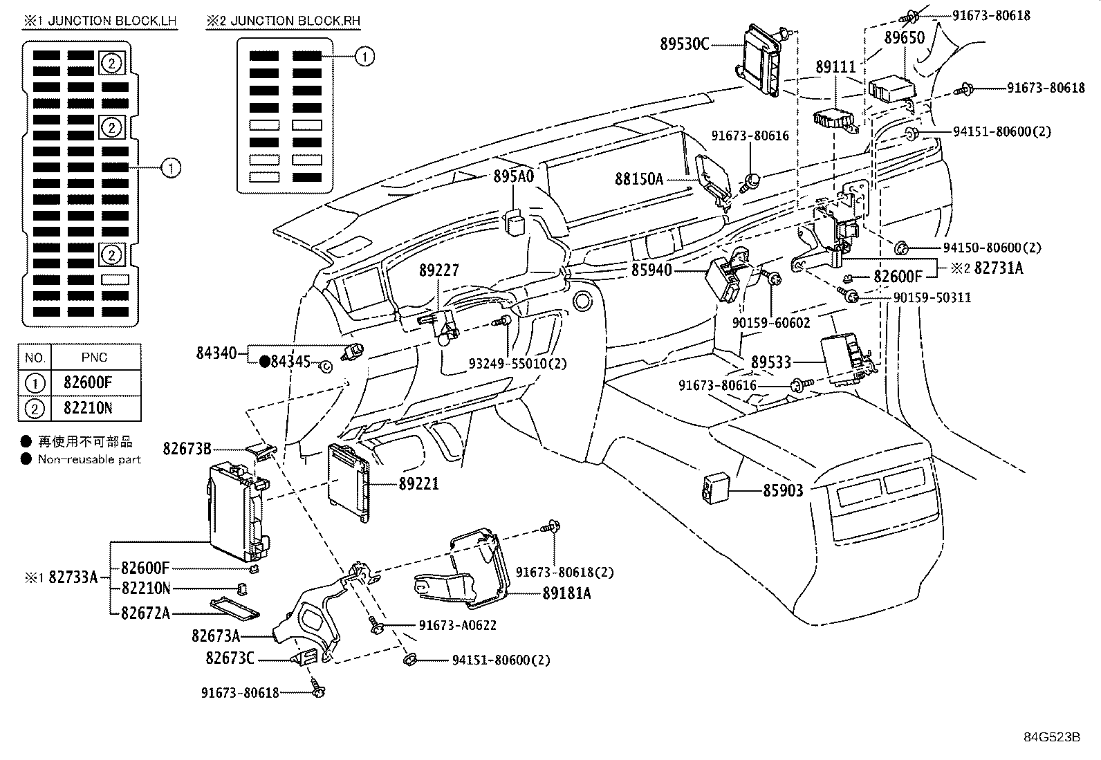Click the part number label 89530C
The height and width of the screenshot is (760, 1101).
pos(685,44)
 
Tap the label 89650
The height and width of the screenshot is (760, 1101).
pos(905,38)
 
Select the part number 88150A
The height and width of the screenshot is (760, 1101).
pos(639,179)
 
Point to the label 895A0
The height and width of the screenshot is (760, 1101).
pos(514,176)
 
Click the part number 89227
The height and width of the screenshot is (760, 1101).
pos(438,270)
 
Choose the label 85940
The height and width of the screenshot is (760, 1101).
pos(651,270)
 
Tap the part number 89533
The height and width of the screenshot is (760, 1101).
pos(771,362)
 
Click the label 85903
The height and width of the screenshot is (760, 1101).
pos(783,490)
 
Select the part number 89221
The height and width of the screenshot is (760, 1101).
pos(418,483)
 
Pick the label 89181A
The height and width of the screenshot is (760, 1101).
pos(566,593)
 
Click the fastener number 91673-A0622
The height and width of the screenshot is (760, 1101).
pos(457,625)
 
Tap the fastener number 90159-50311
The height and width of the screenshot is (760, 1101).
pos(932,297)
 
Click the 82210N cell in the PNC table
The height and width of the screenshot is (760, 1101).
pos(87,408)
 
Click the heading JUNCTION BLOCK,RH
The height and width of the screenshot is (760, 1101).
pos(284,21)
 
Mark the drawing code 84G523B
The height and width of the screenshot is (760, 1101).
pos(1052,736)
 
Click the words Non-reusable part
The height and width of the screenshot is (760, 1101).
pos(89,459)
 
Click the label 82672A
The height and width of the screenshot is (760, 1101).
pos(145,613)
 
